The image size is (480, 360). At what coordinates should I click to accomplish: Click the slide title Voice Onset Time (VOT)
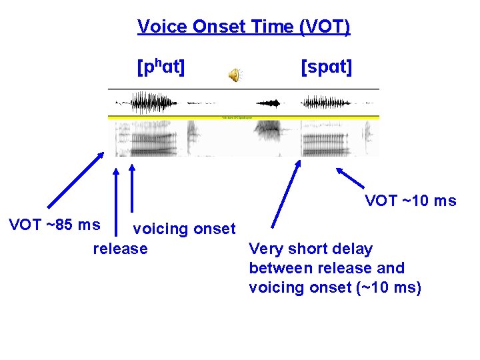click(x=243, y=27)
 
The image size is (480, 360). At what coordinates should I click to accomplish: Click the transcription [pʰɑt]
click(x=161, y=67)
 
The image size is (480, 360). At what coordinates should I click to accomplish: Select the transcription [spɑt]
click(x=327, y=67)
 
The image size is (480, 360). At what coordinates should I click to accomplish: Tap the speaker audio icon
click(x=235, y=75)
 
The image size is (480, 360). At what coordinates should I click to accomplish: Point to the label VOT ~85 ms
click(x=54, y=225)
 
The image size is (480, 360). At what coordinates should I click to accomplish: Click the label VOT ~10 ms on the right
click(x=411, y=201)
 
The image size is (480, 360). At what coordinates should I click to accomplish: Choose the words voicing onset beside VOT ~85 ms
click(x=184, y=229)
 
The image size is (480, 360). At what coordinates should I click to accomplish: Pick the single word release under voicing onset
click(x=120, y=249)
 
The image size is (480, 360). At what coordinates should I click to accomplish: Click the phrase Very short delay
click(x=311, y=249)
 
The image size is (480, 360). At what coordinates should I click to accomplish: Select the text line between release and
click(x=326, y=268)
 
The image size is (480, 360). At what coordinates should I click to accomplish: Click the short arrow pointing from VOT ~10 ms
click(x=350, y=177)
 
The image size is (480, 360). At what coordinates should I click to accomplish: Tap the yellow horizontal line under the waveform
click(x=243, y=117)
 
